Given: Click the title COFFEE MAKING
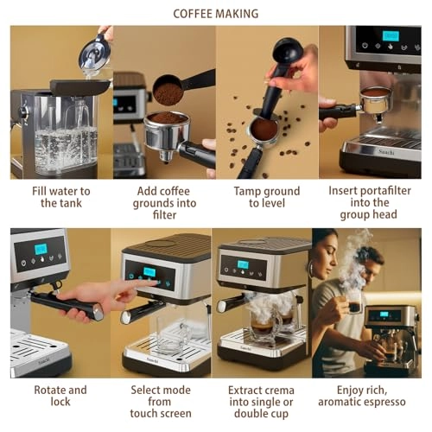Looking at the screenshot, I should coord(215,14).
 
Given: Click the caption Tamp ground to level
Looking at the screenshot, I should coord(267,197).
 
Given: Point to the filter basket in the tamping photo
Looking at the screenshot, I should coord(264,130).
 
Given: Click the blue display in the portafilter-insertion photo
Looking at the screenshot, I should coord(390,36).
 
